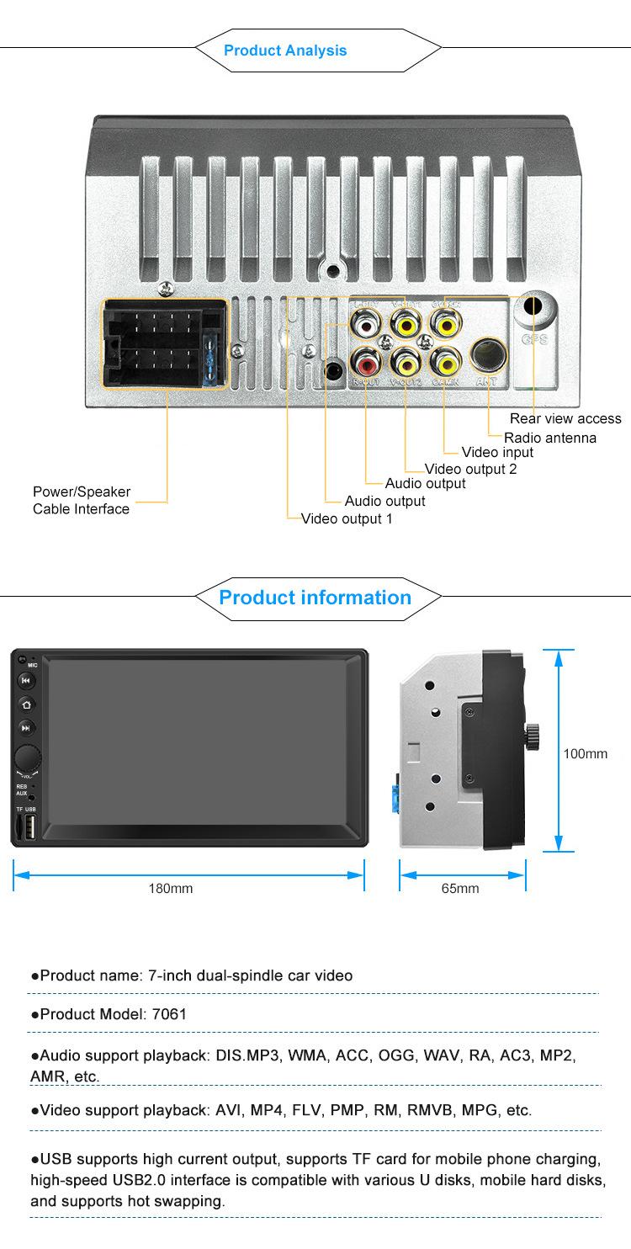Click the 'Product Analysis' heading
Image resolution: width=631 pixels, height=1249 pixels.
284,50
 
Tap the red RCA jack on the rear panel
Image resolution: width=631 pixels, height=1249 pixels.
367,364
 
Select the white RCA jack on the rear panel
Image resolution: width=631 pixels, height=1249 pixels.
367,322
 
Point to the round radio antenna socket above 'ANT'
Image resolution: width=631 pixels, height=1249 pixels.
488,354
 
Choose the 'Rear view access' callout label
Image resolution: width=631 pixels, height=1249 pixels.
565,418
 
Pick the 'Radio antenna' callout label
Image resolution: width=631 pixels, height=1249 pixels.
550,438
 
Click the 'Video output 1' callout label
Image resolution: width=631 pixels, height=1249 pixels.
347,518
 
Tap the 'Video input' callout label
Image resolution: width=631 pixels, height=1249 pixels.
497,452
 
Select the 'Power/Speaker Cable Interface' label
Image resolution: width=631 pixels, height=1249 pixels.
82,500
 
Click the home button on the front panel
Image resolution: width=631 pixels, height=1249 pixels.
26,704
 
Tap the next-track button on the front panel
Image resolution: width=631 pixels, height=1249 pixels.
26,728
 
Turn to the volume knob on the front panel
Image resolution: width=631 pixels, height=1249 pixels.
27,755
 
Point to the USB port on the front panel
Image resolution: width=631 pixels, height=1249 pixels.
29,828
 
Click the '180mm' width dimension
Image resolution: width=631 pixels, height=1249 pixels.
170,889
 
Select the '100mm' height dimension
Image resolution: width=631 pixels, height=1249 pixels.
585,753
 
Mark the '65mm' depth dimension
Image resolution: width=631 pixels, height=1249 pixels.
460,889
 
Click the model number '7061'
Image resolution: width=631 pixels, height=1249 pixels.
170,1014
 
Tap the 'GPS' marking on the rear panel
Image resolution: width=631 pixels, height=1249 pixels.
534,340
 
